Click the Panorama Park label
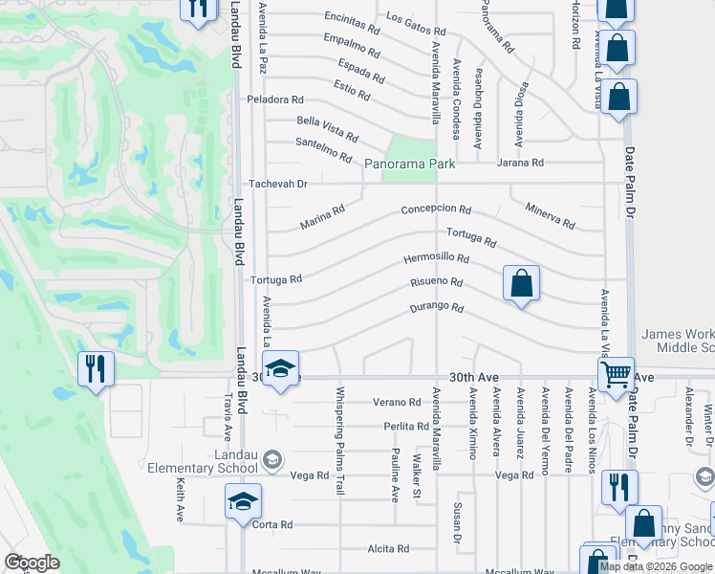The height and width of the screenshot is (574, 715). pyautogui.click(x=410, y=164)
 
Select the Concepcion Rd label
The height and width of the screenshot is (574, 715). pyautogui.click(x=436, y=210)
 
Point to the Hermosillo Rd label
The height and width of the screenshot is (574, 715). pyautogui.click(x=436, y=258)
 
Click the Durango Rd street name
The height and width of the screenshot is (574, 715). pyautogui.click(x=437, y=308)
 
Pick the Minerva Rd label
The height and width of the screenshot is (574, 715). pyautogui.click(x=550, y=216)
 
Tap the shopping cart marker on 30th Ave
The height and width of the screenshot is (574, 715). pyautogui.click(x=616, y=373)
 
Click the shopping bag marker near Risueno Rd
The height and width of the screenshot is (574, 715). pyautogui.click(x=521, y=283)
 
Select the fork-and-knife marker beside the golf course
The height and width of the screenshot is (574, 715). pyautogui.click(x=96, y=368)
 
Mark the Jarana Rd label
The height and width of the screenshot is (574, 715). pyautogui.click(x=519, y=163)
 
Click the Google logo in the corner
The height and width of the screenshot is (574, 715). pyautogui.click(x=32, y=563)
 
